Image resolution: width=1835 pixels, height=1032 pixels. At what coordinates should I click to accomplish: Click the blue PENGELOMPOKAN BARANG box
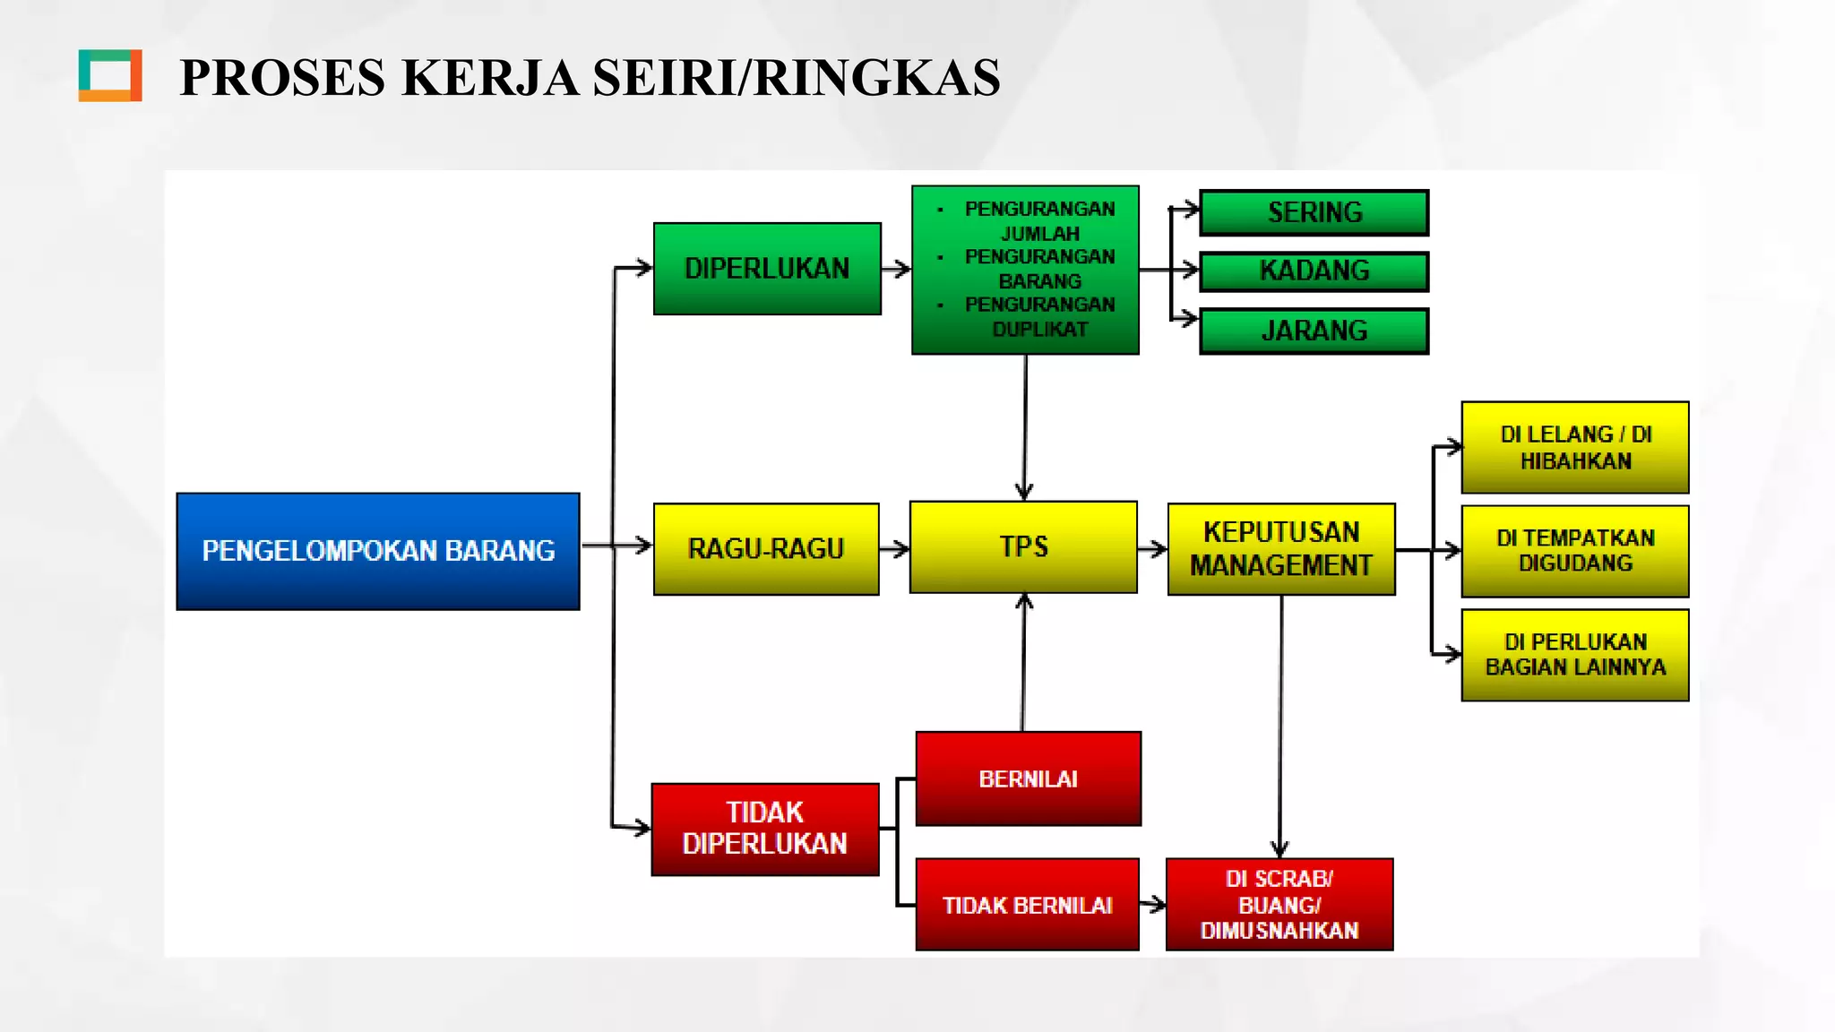[x=378, y=551]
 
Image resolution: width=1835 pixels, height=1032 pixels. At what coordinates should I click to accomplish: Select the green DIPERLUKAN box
[x=767, y=269]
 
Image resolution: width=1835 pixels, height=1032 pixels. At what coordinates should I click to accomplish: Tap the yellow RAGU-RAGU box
[x=766, y=548]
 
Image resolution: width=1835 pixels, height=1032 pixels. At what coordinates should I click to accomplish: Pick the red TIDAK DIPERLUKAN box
[x=765, y=829]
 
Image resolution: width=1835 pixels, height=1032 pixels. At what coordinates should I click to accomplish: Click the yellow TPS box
[x=1023, y=546]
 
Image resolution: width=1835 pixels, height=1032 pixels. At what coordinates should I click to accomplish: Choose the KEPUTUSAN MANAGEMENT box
[x=1281, y=548]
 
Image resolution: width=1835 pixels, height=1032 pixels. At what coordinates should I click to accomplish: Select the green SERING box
[x=1314, y=212]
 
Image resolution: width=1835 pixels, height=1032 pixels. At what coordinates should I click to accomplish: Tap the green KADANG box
[x=1314, y=271]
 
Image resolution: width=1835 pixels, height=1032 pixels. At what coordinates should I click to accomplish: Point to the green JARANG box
[x=1314, y=331]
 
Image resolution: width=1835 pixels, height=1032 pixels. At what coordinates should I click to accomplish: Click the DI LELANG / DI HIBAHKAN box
[x=1575, y=447]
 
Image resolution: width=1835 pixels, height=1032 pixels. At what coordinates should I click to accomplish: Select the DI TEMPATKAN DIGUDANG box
[x=1575, y=551]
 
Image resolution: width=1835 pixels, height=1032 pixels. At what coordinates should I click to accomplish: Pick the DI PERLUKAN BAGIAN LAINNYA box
[x=1575, y=655]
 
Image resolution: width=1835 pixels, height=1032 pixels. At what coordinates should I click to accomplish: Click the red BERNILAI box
[x=1028, y=778]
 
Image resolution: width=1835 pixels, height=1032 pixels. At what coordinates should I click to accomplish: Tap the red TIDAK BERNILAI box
[x=1027, y=905]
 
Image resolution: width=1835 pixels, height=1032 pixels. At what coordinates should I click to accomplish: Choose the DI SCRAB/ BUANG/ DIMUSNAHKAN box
[x=1279, y=905]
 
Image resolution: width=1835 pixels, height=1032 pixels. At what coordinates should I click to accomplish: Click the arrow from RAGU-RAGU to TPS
[x=894, y=548]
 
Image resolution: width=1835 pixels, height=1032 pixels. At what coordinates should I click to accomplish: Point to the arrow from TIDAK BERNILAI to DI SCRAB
[x=1153, y=905]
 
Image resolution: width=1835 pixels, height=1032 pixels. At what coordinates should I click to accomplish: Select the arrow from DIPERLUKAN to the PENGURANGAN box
[x=896, y=269]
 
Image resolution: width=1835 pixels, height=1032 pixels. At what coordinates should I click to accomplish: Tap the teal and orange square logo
[x=110, y=75]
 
